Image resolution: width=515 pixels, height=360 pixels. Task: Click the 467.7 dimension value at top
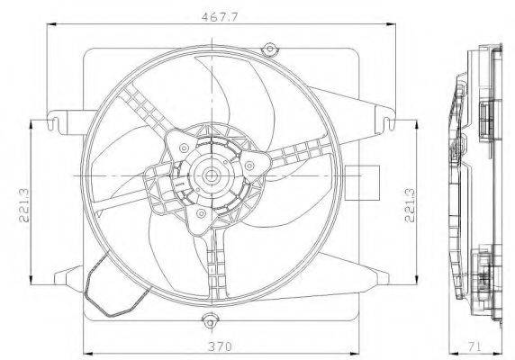[220, 17]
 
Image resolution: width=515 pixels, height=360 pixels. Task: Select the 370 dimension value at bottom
[220, 346]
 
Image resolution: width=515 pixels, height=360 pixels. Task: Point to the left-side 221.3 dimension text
[24, 205]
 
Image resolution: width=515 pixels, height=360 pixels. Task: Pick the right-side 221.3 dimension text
[410, 205]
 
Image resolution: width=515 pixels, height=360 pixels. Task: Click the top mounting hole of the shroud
[269, 49]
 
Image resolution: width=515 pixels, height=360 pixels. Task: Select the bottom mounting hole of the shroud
[209, 322]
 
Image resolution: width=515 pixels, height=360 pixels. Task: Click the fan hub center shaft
[210, 176]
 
